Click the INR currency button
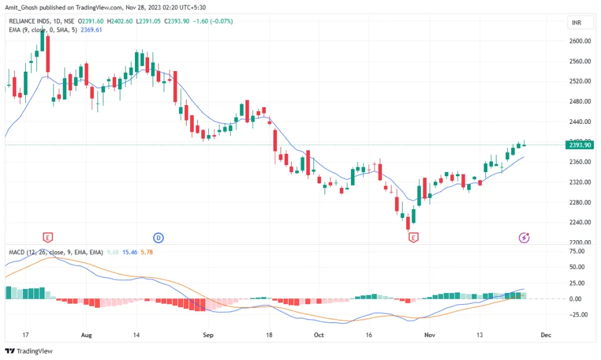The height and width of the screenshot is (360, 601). (576, 23)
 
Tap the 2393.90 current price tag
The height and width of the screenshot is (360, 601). (576, 145)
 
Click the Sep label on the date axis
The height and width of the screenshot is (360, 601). (207, 335)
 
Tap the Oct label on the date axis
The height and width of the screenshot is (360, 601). (319, 335)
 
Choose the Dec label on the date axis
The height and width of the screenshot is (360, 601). (546, 335)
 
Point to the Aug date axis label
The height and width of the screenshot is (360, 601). (86, 335)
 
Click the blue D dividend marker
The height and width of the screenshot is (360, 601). (158, 237)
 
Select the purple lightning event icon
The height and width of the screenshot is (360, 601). (524, 237)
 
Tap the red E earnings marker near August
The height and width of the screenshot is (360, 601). (49, 237)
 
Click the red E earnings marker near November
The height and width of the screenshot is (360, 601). (414, 237)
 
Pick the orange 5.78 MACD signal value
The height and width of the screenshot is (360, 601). (147, 252)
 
